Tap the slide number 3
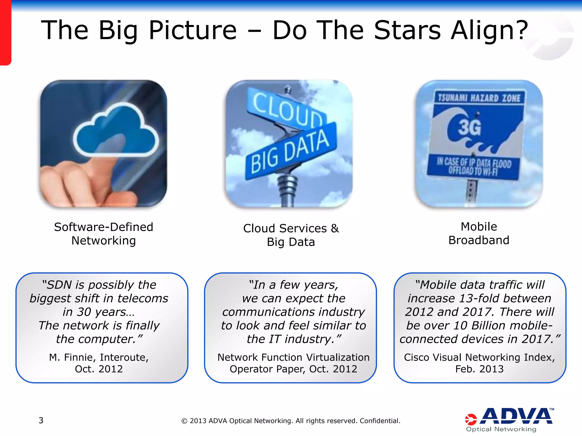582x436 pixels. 41,420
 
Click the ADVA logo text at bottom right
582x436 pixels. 517,416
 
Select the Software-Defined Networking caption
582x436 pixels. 104,234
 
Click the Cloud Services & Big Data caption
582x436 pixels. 291,235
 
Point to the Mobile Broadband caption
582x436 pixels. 479,233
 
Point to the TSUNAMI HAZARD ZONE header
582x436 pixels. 479,98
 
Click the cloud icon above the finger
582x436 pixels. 117,131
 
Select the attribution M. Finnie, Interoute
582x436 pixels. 99,357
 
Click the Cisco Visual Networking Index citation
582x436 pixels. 479,357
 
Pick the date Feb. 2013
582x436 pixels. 479,369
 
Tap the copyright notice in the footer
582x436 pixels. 291,421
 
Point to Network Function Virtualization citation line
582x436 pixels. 293,357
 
